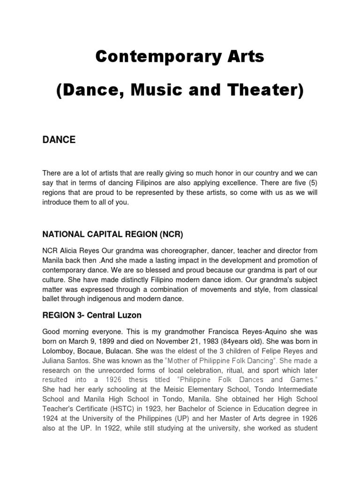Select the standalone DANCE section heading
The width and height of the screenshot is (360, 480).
[59, 140]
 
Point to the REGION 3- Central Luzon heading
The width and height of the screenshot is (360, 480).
[92, 315]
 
